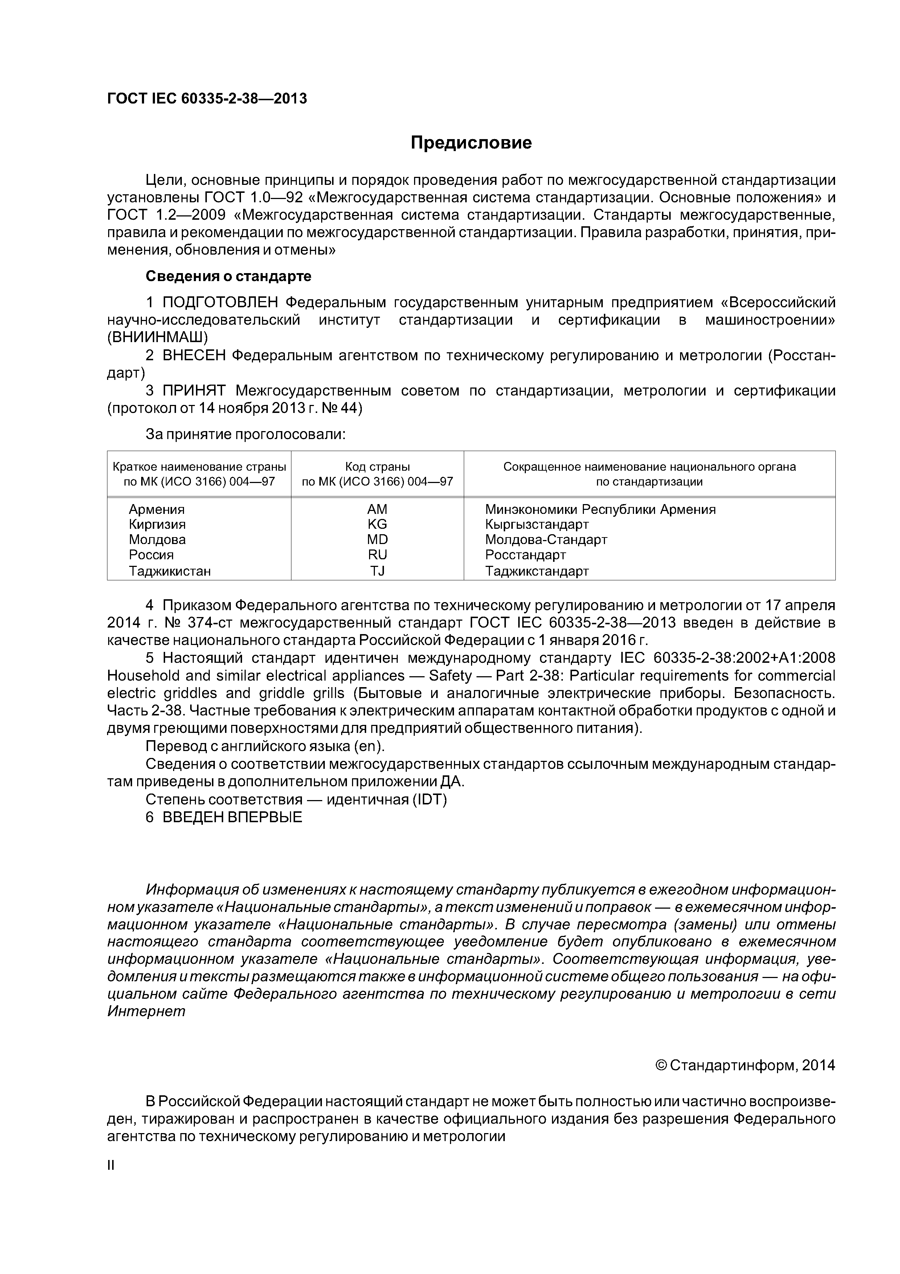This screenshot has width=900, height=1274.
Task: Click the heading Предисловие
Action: point(471,143)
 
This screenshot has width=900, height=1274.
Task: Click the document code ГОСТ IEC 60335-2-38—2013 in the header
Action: point(207,99)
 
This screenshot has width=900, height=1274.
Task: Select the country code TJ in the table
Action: point(377,571)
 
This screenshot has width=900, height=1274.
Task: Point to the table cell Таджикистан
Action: point(170,571)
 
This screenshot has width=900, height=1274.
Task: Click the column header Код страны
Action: point(377,467)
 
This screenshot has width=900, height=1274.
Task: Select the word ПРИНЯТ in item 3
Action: point(196,391)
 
